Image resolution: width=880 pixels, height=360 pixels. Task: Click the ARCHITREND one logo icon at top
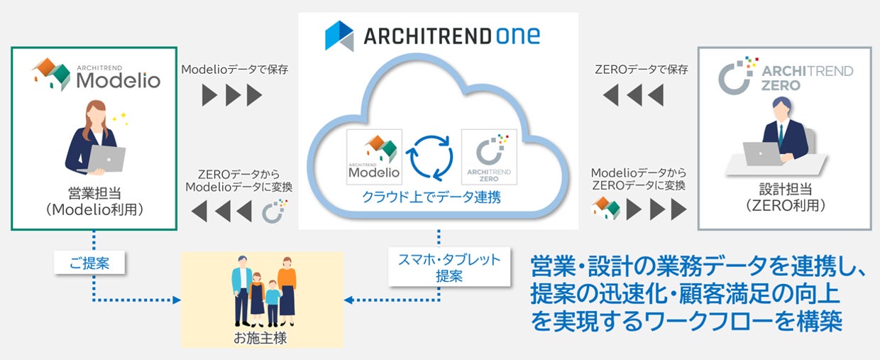coord(339,36)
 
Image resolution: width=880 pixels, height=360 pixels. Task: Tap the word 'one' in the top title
coord(518,36)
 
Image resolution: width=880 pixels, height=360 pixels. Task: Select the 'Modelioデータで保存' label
coord(234,70)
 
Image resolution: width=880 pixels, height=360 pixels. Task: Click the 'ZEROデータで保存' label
coord(642,70)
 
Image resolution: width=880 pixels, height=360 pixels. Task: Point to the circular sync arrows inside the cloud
coord(431,158)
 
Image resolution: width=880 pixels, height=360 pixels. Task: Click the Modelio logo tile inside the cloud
coord(374,157)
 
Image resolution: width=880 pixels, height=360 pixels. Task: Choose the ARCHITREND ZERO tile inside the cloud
coord(489,157)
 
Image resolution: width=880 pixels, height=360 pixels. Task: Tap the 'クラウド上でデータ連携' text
coord(431,197)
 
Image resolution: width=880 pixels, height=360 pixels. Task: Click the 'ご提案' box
coord(89,263)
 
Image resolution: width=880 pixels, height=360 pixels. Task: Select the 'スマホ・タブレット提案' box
coord(449,267)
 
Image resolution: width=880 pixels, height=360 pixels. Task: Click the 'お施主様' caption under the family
coord(260,337)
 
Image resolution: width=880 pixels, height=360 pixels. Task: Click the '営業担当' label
coord(94,193)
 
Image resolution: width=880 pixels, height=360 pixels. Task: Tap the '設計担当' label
coord(785,189)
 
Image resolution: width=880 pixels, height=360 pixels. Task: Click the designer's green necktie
coord(781,136)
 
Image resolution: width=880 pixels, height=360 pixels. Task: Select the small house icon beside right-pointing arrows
coord(605,207)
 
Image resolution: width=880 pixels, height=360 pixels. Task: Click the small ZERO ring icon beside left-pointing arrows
coord(275,212)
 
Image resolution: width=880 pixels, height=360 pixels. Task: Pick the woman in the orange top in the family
coord(287,291)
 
